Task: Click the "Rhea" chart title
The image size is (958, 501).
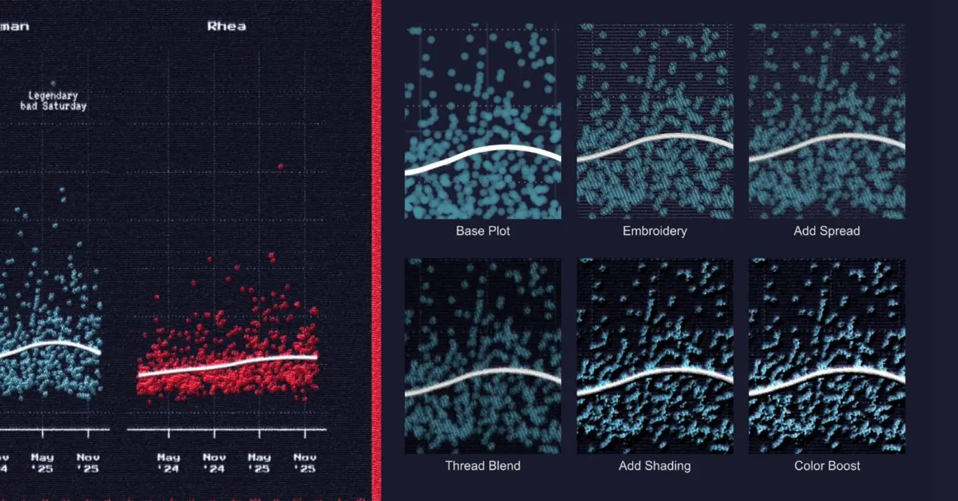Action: pos(226,27)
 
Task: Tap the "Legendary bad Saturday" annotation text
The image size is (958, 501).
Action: pos(53,101)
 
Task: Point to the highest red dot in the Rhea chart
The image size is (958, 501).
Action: pos(281,166)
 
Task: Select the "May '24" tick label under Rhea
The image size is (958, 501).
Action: pos(168,463)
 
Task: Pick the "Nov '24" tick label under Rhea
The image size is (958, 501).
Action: pos(214,463)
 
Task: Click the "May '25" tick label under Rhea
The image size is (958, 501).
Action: pos(259,463)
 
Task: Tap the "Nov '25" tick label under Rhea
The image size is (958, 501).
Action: pos(305,463)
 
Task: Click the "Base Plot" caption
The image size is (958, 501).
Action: pos(482,231)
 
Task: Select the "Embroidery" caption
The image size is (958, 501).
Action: pos(654,231)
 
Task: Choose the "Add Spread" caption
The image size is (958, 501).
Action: pos(827,231)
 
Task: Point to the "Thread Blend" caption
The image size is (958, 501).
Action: pos(482,466)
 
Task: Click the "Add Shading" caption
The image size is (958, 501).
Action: pos(654,466)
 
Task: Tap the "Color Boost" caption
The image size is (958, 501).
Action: pos(827,466)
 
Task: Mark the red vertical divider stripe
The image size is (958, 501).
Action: pos(376,250)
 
